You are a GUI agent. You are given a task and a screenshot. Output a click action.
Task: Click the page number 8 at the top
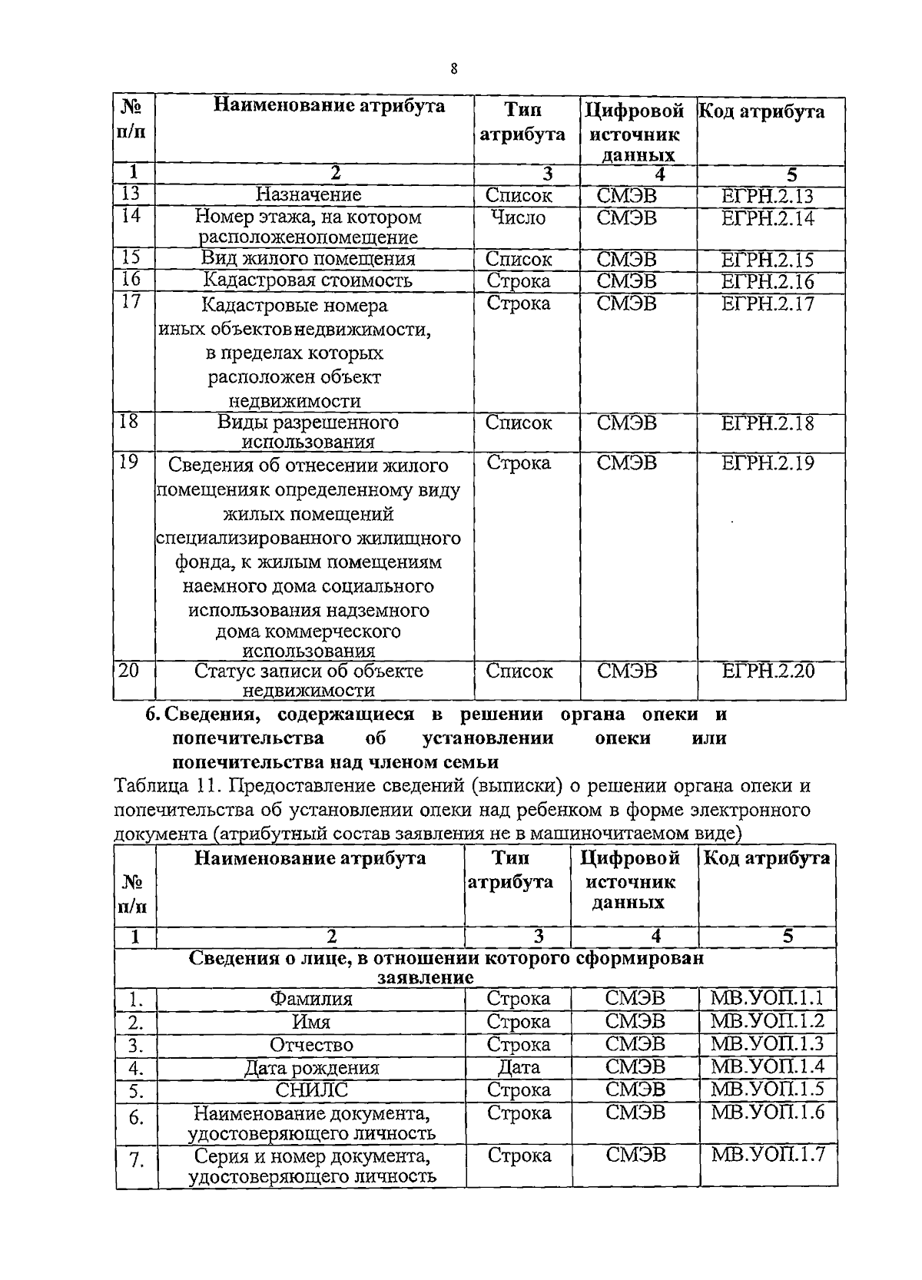(454, 70)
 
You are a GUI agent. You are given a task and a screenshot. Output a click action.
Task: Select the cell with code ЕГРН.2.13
(767, 196)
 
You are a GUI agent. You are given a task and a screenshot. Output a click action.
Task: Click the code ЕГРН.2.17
(767, 303)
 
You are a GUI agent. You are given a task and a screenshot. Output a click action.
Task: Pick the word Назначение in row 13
(308, 195)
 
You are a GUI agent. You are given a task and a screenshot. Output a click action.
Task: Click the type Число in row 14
(519, 217)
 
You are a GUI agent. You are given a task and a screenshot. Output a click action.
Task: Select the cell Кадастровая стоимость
(308, 280)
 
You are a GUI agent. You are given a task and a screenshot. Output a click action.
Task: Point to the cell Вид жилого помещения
(308, 259)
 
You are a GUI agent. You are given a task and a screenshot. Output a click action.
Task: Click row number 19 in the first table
(130, 462)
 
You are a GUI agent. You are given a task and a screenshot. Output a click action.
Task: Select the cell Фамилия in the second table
(310, 999)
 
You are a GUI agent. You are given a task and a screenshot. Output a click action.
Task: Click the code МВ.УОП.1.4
(767, 1066)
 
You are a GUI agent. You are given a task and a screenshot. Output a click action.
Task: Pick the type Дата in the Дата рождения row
(519, 1067)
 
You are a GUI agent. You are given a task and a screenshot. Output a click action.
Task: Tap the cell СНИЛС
(310, 1089)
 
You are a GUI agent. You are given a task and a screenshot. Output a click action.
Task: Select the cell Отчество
(310, 1045)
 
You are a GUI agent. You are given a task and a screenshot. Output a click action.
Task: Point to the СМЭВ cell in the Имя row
(635, 1021)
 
